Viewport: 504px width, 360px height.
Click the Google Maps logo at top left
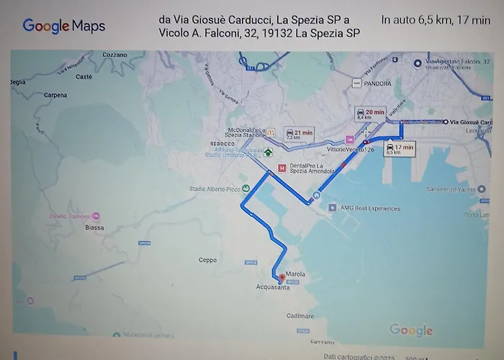[x=64, y=27]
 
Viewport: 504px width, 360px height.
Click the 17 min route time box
[x=400, y=149]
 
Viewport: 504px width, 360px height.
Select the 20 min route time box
[x=370, y=115]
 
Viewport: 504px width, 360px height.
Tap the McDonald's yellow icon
[x=271, y=132]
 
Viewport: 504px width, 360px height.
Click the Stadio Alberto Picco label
[x=215, y=189]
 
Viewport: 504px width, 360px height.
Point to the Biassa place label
[x=94, y=228]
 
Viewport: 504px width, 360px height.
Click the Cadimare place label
[x=300, y=316]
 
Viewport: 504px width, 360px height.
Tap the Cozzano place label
[x=114, y=55]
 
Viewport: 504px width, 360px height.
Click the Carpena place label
[x=55, y=95]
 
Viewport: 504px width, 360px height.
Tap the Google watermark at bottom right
[x=411, y=330]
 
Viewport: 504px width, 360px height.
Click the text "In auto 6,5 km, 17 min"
[x=435, y=19]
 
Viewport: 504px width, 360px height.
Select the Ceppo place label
[x=207, y=260]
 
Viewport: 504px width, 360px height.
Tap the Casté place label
[x=84, y=76]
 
